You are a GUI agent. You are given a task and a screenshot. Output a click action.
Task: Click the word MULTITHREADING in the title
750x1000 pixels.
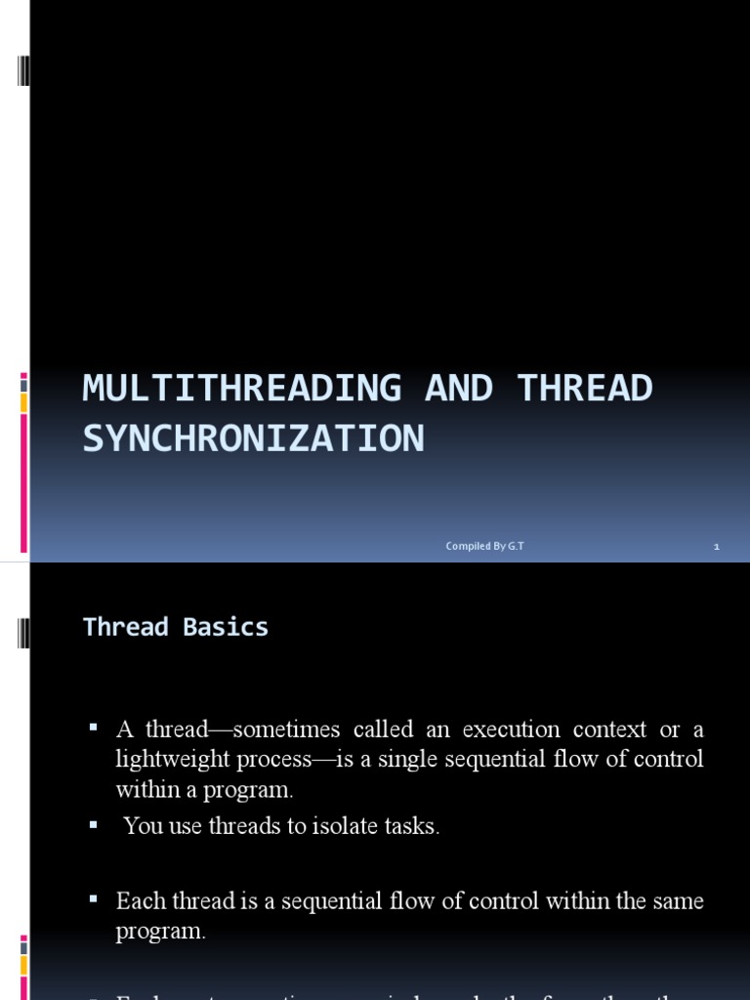[x=241, y=388]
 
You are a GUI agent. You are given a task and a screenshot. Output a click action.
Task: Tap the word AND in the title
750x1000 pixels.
[x=460, y=388]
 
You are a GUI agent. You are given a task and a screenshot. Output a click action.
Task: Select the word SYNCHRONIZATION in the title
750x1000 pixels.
[x=253, y=438]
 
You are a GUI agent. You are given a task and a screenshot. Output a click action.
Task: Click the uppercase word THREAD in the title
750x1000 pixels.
[x=585, y=388]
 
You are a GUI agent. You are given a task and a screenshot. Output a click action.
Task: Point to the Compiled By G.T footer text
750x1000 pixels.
[x=484, y=546]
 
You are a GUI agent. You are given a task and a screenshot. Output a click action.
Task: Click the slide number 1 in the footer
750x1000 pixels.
[x=716, y=547]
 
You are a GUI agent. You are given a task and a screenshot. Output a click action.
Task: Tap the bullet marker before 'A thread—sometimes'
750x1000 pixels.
[x=94, y=728]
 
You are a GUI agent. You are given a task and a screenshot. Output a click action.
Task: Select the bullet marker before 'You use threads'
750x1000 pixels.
[x=94, y=824]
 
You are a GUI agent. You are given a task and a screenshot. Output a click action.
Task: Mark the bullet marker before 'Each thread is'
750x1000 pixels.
[x=94, y=898]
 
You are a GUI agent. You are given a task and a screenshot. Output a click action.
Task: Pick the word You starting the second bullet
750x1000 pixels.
[x=143, y=826]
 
